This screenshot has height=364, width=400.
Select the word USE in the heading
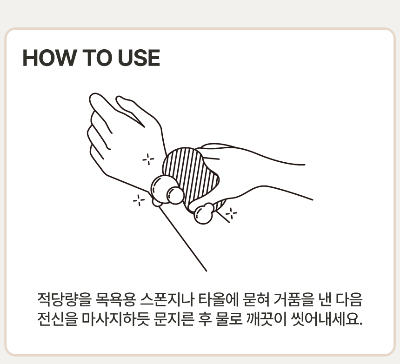click(x=139, y=58)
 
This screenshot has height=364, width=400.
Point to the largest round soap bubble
click(x=163, y=189)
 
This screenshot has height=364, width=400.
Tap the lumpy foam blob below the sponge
click(x=204, y=213)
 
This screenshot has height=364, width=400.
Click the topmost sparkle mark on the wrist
click(x=148, y=159)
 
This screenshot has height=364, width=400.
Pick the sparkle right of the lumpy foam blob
click(x=231, y=213)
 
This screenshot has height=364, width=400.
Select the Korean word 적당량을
click(x=64, y=299)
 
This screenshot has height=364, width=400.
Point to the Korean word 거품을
click(x=293, y=299)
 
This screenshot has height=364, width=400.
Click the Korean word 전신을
click(x=57, y=318)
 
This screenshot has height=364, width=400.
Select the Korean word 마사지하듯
click(x=115, y=318)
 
